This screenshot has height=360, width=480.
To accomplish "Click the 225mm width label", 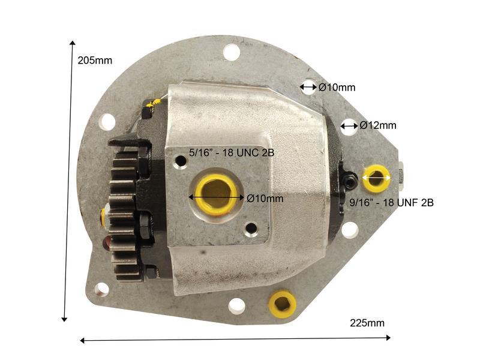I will (367, 323).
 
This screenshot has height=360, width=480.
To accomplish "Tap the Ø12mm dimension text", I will (378, 125).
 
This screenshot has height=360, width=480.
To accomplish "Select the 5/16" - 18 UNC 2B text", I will (232, 152).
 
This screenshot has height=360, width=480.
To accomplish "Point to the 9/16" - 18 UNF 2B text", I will (391, 203).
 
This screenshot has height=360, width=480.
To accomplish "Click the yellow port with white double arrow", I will (376, 178).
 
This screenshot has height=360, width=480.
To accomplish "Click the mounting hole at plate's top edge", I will (232, 52).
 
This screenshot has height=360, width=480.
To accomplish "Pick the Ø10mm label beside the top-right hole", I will (337, 88).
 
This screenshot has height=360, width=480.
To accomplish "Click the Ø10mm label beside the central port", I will (265, 198).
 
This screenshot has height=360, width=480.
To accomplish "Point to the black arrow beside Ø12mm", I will (349, 125).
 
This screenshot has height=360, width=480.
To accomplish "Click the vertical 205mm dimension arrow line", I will (68, 180).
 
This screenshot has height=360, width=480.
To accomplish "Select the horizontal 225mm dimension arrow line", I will (234, 340).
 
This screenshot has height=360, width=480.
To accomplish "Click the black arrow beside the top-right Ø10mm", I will (308, 88).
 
